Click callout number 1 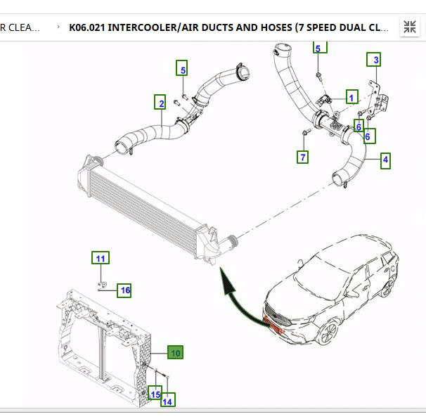click(351, 97)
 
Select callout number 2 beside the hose click(161, 103)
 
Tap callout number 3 click(376, 60)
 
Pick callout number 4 click(385, 160)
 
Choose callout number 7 click(303, 157)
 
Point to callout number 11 click(101, 258)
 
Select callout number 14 click(167, 401)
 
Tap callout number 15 click(155, 394)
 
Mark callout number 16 click(124, 290)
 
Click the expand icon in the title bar click(409, 27)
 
